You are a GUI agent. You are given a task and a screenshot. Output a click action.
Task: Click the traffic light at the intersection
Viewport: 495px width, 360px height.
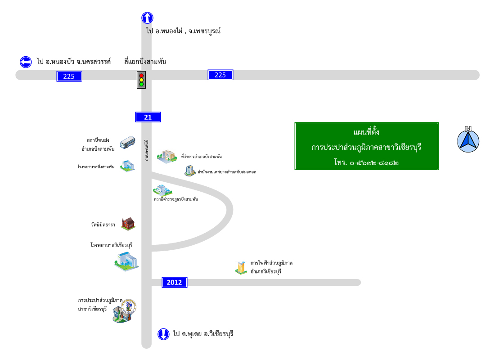(x=141, y=80)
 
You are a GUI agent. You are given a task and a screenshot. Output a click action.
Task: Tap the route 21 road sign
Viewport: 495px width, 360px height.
(x=148, y=117)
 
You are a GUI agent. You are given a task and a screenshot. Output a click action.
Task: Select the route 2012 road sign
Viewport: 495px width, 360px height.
(x=175, y=282)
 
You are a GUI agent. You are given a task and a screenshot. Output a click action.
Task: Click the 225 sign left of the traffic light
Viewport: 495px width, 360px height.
(x=69, y=76)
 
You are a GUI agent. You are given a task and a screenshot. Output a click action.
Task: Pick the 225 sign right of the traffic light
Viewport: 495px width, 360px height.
(x=220, y=75)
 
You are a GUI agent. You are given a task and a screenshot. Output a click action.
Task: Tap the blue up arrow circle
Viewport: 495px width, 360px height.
(x=147, y=18)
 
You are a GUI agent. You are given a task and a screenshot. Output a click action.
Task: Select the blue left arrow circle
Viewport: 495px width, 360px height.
(x=26, y=62)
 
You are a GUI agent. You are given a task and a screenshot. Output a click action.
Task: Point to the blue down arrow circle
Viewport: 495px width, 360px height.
(x=163, y=334)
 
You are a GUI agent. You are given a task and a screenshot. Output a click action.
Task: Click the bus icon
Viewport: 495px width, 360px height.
(x=127, y=143)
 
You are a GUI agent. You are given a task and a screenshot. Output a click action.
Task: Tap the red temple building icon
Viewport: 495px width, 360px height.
(x=128, y=224)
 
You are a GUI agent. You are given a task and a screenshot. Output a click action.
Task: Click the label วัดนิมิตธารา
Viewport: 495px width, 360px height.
(x=103, y=224)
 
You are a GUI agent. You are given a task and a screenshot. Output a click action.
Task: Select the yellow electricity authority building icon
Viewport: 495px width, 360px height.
(x=241, y=268)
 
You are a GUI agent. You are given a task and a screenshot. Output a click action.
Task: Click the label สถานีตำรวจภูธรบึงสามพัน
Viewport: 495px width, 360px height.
(x=176, y=199)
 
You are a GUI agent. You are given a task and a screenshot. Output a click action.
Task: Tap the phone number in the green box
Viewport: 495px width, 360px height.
(x=366, y=162)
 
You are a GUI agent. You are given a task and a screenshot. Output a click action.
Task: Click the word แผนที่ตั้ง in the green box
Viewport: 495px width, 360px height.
(x=366, y=132)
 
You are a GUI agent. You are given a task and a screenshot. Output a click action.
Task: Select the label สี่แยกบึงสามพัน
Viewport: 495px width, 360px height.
(x=145, y=62)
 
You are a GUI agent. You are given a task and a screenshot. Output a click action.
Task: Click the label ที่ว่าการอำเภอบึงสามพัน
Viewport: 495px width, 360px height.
(x=201, y=157)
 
